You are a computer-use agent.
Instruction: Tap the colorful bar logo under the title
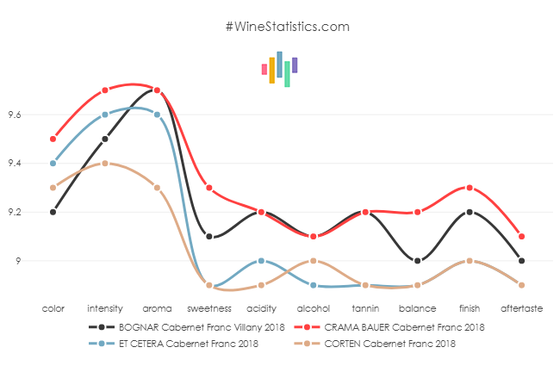pos(280,69)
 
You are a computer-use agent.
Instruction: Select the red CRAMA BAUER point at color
pos(53,139)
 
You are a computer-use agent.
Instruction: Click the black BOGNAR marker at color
pos(53,212)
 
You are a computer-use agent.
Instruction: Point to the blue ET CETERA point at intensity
pos(105,115)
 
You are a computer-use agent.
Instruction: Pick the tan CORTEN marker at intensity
pos(105,163)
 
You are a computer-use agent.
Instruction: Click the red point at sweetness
pos(209,188)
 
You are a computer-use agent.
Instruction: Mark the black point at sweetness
pos(209,236)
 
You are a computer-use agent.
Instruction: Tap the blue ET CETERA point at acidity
pos(261,261)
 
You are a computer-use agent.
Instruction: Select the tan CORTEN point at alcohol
pos(314,261)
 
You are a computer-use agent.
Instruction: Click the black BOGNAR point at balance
pos(418,261)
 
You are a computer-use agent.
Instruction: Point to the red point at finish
pos(470,188)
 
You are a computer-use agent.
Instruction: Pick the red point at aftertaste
pos(522,236)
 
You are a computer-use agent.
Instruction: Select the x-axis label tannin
pos(365,307)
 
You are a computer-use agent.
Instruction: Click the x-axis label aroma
pos(157,307)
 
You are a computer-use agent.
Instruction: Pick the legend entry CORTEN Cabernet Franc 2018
pos(387,344)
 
